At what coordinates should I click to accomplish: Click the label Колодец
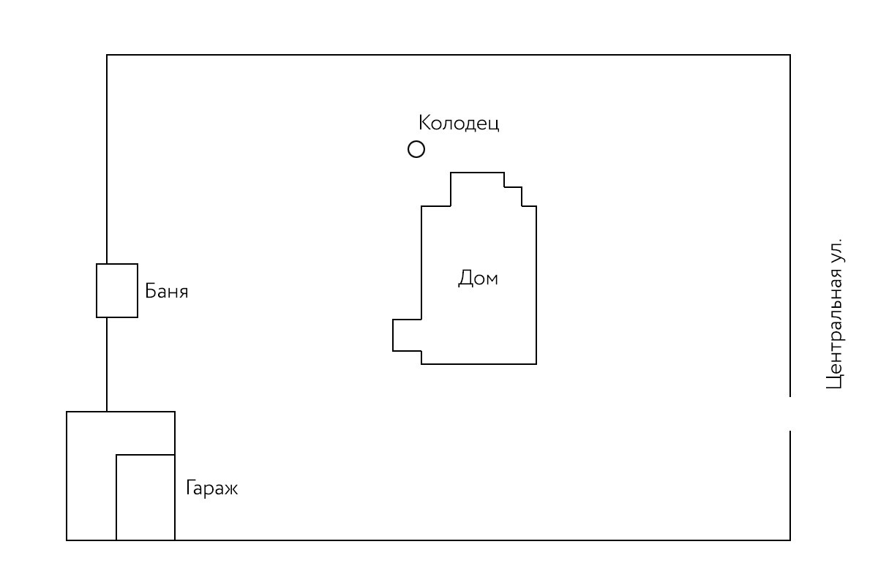(459, 123)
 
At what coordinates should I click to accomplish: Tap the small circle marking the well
(416, 150)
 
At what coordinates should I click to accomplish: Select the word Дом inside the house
(478, 279)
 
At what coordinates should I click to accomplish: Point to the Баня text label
(167, 292)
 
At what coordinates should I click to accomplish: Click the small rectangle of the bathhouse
(117, 290)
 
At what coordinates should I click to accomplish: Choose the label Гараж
(211, 488)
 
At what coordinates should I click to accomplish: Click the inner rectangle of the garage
(146, 497)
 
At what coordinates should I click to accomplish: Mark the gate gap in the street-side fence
(790, 414)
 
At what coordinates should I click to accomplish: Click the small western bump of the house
(407, 335)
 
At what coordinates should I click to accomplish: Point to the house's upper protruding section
(477, 189)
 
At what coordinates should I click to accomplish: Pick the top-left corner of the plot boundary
(108, 55)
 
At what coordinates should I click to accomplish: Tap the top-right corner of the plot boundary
(790, 55)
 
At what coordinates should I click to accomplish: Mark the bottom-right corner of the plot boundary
(790, 540)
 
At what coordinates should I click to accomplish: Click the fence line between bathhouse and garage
(108, 364)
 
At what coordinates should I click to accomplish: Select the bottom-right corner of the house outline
(536, 363)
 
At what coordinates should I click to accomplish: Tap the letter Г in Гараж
(190, 488)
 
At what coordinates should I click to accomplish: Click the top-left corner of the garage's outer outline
(67, 412)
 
